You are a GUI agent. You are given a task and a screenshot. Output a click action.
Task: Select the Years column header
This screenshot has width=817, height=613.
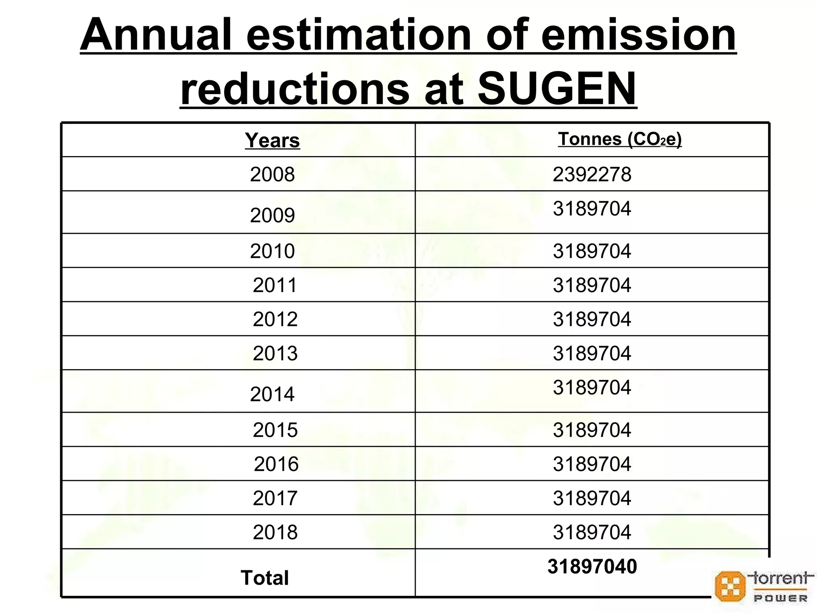click(x=272, y=140)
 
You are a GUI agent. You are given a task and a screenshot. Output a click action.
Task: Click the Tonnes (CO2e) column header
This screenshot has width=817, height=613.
click(x=620, y=139)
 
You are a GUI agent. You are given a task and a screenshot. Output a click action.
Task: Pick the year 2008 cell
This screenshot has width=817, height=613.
click(x=272, y=174)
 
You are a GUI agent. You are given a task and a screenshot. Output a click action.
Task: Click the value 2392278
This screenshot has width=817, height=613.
click(x=592, y=174)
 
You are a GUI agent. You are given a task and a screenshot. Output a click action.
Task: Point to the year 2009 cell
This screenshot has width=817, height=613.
click(x=272, y=216)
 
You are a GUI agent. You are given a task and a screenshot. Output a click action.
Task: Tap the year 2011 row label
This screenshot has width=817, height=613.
click(x=275, y=285)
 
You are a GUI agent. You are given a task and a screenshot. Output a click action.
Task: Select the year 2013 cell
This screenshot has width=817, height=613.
click(x=275, y=354)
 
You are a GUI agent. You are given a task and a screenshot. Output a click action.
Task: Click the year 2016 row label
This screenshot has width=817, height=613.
click(x=276, y=464)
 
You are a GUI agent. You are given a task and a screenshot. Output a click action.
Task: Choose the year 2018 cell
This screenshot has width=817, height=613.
click(x=275, y=532)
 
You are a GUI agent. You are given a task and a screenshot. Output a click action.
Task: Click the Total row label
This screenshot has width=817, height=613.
click(x=264, y=578)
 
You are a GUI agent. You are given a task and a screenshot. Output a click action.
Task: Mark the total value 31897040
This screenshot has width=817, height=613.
click(x=592, y=567)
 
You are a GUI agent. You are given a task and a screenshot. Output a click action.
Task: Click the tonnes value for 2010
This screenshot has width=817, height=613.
click(x=592, y=251)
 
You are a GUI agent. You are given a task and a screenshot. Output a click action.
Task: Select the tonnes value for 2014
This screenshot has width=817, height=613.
click(x=592, y=388)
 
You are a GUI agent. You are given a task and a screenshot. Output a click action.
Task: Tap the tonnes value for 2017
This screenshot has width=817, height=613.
click(x=592, y=498)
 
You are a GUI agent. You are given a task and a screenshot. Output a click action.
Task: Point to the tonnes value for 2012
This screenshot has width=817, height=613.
click(x=592, y=319)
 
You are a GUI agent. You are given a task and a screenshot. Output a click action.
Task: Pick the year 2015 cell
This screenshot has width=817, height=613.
click(x=275, y=430)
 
